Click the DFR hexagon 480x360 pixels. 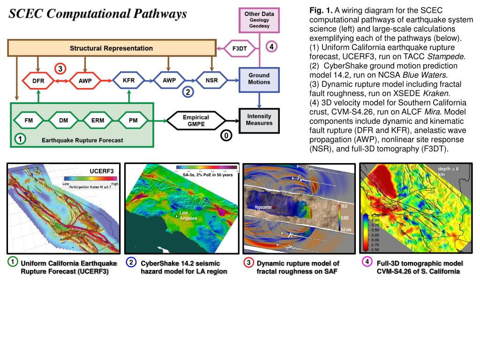(x=38, y=81)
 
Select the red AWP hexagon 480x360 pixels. (x=85, y=81)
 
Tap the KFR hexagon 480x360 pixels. (x=128, y=81)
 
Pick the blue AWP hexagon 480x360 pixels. (x=169, y=80)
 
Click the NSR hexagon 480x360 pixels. (x=211, y=80)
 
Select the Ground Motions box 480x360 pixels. (x=259, y=78)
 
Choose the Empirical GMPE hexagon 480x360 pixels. (x=196, y=120)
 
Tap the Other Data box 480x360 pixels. (x=259, y=20)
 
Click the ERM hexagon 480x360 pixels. (x=98, y=120)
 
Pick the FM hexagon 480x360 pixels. (x=29, y=120)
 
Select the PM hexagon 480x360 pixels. (x=133, y=120)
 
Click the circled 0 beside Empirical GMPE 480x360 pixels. (x=226, y=135)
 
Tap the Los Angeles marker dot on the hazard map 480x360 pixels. (x=176, y=216)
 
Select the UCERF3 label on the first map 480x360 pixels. (x=102, y=171)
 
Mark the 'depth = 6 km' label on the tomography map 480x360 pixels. (x=448, y=171)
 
